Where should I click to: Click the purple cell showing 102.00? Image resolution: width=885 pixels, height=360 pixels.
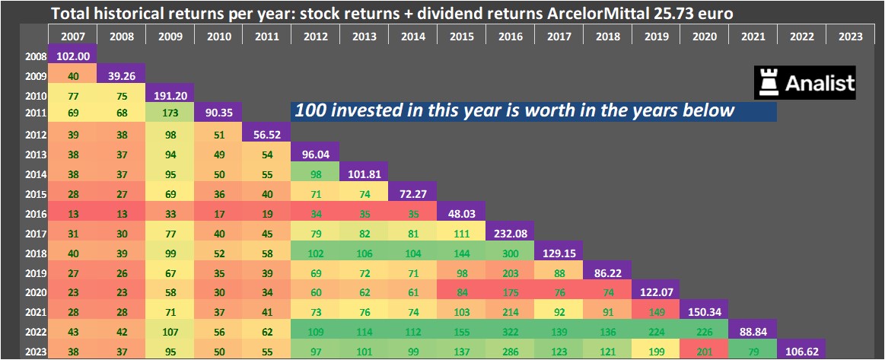pos(72,56)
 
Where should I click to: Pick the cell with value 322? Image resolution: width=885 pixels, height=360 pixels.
pos(510,332)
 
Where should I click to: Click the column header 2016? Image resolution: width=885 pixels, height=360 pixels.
pos(510,36)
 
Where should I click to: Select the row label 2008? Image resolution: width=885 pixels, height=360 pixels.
pos(35,56)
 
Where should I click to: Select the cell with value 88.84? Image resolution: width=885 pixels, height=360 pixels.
pos(753,332)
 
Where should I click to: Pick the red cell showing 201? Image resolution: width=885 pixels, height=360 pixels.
pos(705,351)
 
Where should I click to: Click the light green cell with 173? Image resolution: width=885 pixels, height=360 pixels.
pos(170,113)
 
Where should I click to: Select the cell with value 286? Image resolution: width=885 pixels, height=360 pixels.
pos(510,351)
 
